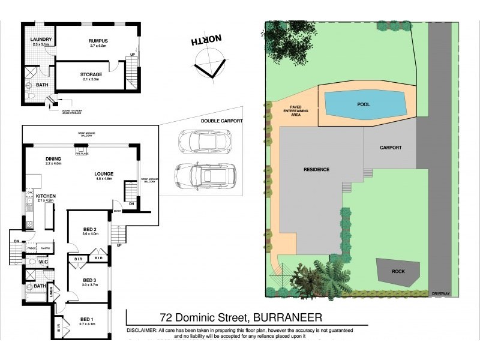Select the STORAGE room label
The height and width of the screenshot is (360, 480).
[x=91, y=75]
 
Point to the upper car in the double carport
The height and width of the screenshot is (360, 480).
[x=201, y=142]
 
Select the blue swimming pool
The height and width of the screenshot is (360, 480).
[x=364, y=104]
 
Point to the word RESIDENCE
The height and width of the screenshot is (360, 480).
[x=316, y=170]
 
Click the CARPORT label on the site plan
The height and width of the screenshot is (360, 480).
[x=391, y=147]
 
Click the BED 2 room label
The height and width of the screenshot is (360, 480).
[x=89, y=229]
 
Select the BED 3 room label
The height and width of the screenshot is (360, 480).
[x=89, y=280]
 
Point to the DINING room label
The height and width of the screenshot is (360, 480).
[x=53, y=159]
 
